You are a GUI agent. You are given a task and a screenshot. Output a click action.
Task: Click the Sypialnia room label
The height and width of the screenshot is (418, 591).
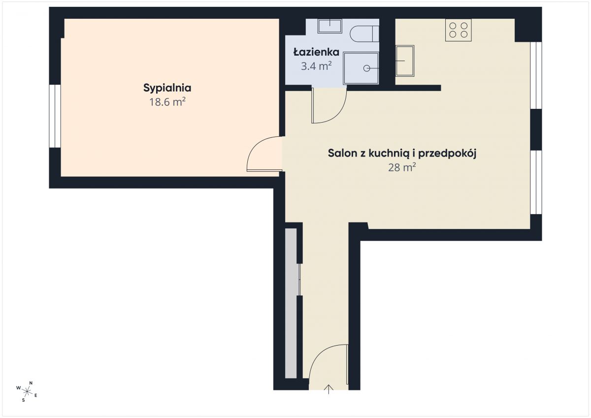pos(167,88)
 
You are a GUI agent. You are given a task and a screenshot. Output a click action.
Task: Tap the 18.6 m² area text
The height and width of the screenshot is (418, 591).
pos(167,102)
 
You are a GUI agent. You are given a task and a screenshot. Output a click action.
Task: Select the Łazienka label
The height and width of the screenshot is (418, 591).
pos(316,52)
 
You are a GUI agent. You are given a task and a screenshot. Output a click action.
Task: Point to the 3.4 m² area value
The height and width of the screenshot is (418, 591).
pos(316,66)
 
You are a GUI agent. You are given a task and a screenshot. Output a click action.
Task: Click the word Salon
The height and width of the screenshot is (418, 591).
pos(343,153)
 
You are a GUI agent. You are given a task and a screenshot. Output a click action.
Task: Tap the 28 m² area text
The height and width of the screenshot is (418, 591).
pos(402,167)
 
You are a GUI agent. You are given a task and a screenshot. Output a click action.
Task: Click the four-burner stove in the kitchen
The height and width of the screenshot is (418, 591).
pos(459,30)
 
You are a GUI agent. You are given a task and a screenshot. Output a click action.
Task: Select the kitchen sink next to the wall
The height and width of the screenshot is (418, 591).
pos(405,61)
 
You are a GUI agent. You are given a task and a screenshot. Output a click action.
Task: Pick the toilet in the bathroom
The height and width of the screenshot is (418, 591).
pos(364,34)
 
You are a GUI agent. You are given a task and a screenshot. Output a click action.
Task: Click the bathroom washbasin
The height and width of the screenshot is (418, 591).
pos(330,26)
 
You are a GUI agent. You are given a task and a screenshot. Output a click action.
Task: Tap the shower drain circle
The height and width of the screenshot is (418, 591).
pos(366,68)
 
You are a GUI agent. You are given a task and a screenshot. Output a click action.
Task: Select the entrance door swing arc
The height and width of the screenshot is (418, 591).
pos(317,354)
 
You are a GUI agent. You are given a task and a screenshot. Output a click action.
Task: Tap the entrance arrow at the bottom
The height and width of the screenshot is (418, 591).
pos(328,389)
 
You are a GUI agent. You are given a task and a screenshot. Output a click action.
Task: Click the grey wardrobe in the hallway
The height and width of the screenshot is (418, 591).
pos(291,303)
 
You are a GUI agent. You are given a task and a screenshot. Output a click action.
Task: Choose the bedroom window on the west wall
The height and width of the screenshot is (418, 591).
pos(55,116)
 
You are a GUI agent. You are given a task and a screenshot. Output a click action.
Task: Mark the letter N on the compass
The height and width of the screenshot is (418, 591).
pos(31,383)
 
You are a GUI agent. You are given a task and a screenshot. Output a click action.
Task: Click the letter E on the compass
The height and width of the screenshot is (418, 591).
pos(36,395)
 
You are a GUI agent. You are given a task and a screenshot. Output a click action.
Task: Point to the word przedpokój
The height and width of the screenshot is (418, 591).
pos(447,154)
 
